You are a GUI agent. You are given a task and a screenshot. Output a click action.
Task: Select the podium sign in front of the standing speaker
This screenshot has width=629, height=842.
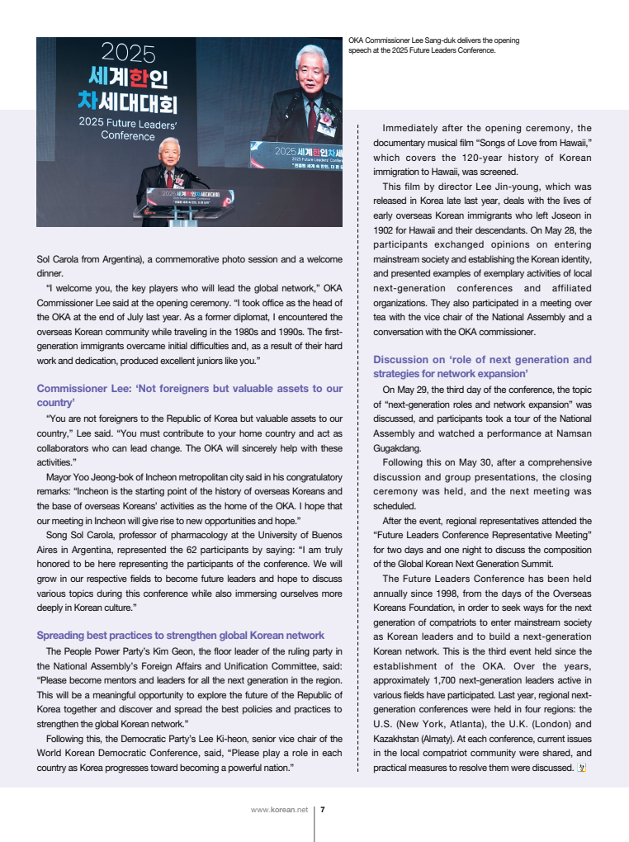click(x=183, y=199)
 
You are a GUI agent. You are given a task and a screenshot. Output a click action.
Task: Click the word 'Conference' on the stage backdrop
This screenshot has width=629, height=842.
click(x=128, y=136)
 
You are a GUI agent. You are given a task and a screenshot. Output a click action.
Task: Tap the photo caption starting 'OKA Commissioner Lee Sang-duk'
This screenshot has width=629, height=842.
click(x=433, y=45)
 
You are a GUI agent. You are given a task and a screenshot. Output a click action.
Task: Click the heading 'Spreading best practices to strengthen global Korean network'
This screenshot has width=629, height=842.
click(x=180, y=635)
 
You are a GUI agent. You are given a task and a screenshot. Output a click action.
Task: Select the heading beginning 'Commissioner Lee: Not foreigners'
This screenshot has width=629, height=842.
click(x=189, y=395)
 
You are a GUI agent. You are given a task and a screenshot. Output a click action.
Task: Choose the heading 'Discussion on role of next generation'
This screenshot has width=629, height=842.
click(x=482, y=367)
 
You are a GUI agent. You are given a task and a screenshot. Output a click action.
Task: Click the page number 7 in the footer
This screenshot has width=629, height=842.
click(x=322, y=810)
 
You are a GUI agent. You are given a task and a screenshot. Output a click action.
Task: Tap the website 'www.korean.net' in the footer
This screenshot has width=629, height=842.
click(x=279, y=810)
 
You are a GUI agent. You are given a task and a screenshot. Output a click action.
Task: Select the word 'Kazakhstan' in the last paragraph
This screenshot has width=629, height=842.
click(x=399, y=738)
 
